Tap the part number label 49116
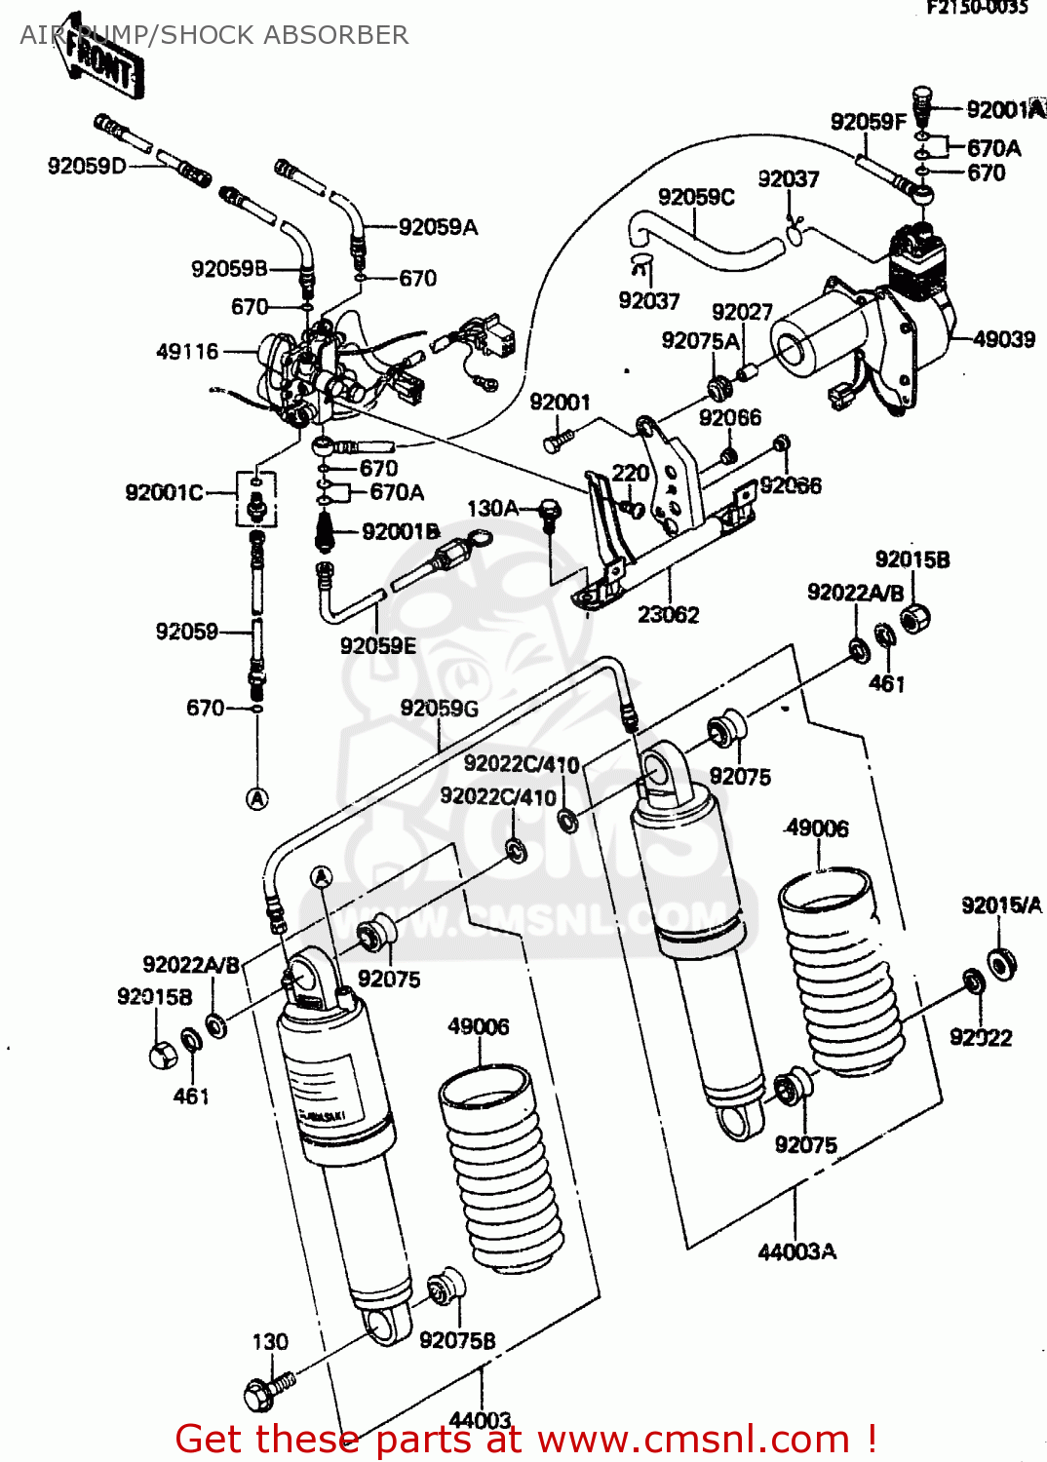[187, 351]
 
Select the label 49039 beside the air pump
[1003, 339]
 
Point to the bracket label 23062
[668, 615]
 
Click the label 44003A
[796, 1251]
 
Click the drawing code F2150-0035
[977, 8]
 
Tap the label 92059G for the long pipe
[439, 709]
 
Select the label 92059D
[87, 166]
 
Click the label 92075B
[457, 1341]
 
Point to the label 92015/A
[1001, 905]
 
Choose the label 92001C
[164, 492]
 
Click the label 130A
[492, 508]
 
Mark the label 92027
[741, 312]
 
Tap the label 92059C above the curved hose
[695, 197]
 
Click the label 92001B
[401, 531]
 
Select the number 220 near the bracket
[630, 473]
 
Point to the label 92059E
[377, 645]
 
